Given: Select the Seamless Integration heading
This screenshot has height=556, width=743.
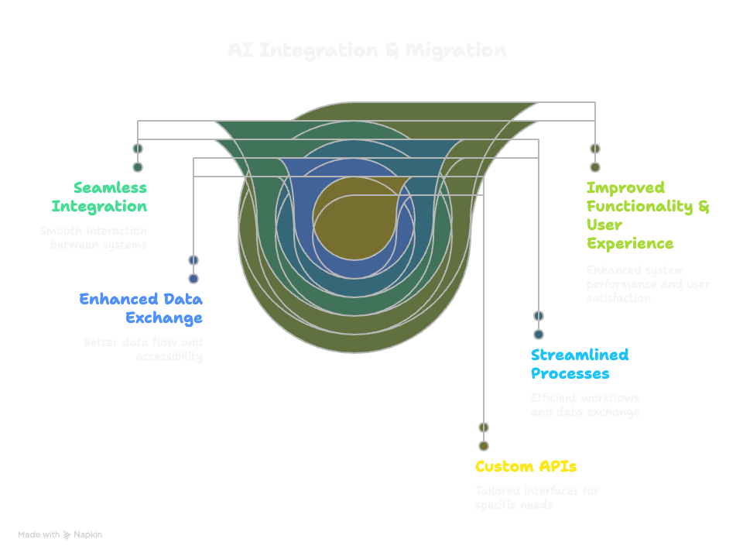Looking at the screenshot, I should click(99, 197).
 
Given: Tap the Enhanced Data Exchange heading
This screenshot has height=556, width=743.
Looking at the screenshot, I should click(141, 308).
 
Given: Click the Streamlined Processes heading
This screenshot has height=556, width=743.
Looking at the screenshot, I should click(579, 364).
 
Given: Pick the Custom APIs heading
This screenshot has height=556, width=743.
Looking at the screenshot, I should click(526, 466).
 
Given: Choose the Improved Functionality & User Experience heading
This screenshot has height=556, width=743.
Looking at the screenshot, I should click(647, 215).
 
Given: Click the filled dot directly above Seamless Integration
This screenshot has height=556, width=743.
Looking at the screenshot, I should click(138, 167).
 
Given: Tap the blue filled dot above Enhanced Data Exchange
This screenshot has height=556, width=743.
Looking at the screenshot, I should click(193, 279).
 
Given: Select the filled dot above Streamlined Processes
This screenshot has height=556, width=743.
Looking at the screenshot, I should click(539, 335).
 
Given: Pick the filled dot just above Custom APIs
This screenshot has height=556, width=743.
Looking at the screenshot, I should click(484, 446).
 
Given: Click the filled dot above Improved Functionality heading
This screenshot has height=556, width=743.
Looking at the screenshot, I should click(595, 167).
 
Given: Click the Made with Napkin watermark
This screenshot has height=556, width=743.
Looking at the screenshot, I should click(60, 535).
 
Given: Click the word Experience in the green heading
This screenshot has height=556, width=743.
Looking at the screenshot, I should click(630, 243).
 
